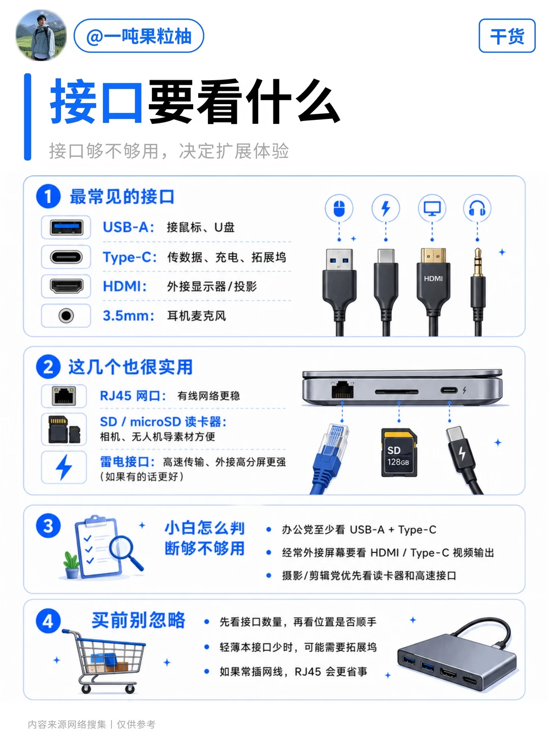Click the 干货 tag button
[507, 36]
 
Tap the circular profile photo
[41, 35]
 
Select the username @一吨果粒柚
[139, 36]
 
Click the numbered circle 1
[48, 197]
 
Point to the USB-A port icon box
[66, 228]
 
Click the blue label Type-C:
[130, 257]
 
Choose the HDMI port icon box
[66, 286]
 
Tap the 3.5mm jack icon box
[66, 315]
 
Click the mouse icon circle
[339, 208]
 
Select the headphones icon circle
[477, 208]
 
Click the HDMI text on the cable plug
[433, 278]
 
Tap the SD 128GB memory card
[400, 453]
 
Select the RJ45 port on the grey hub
[343, 389]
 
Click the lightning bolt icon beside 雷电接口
[64, 467]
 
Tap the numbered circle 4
[48, 621]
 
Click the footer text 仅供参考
[136, 724]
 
